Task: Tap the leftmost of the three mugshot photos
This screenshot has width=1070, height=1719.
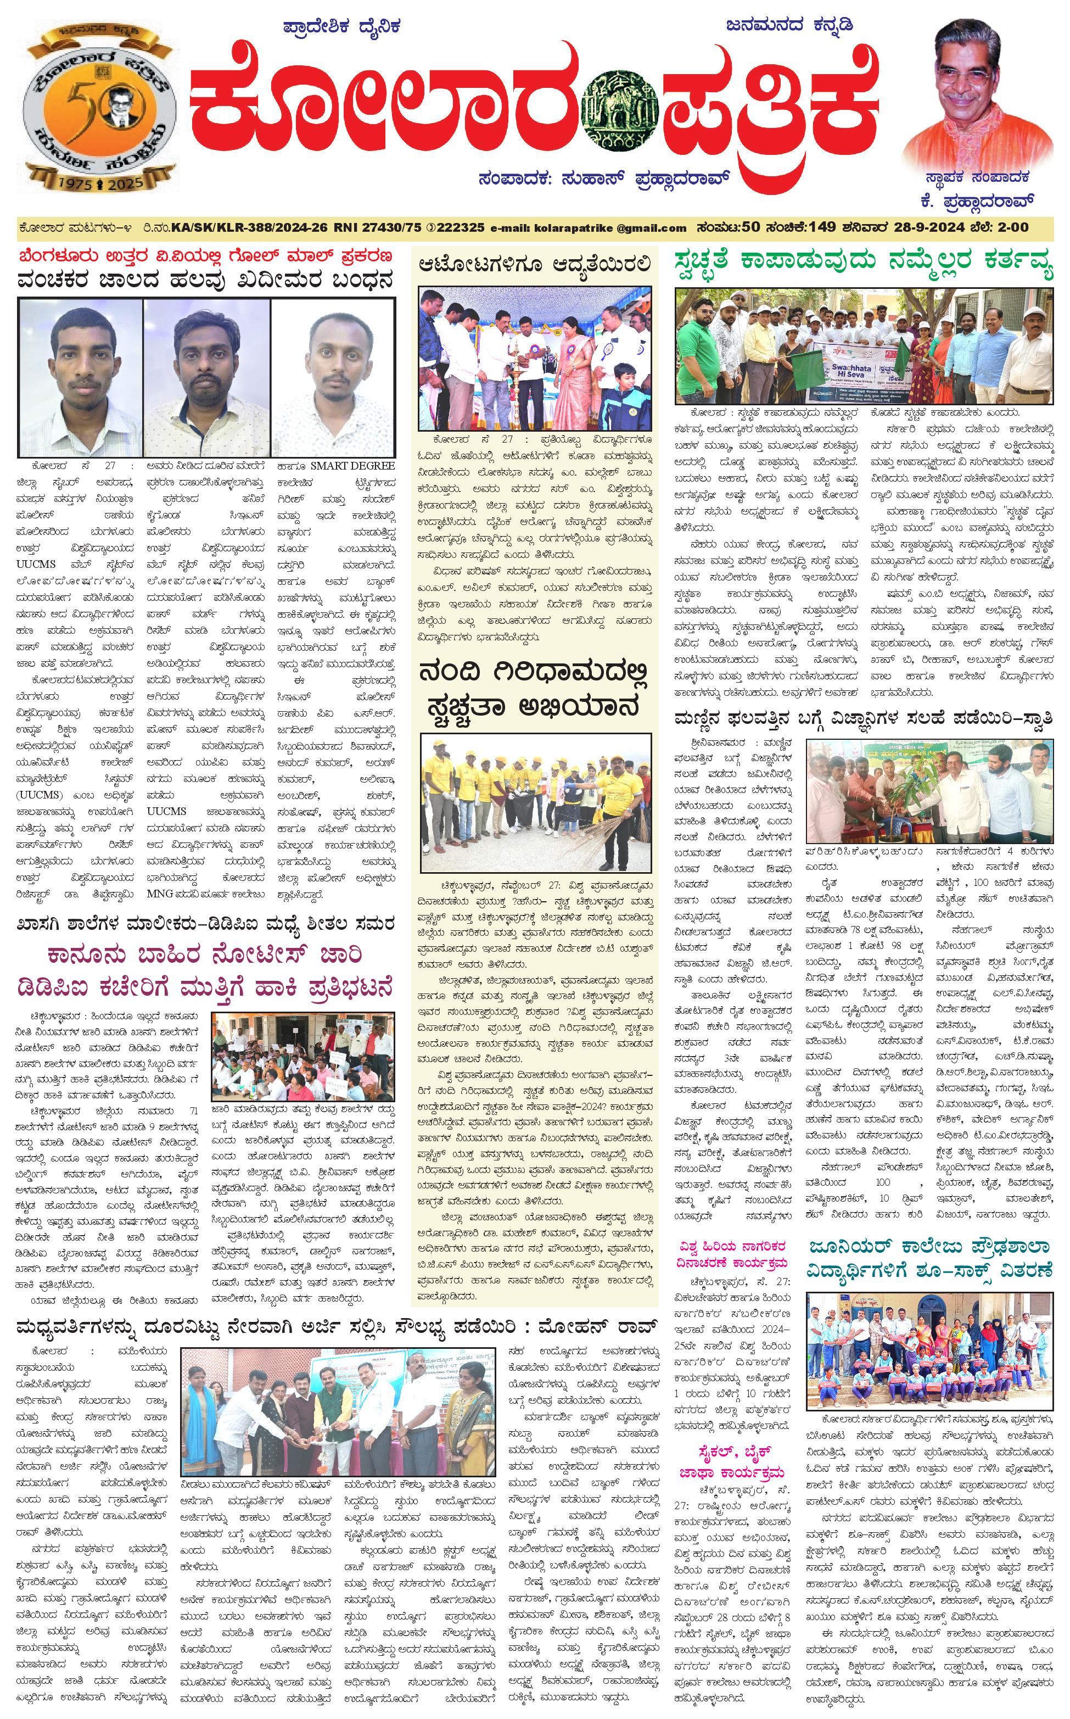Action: point(80,377)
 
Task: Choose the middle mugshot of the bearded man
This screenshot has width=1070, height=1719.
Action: point(206,377)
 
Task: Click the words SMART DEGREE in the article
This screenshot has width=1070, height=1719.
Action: point(352,466)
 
